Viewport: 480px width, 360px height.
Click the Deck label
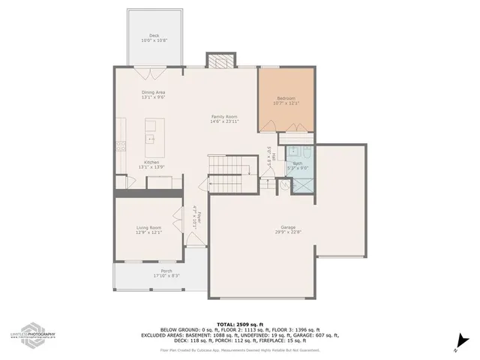(154, 35)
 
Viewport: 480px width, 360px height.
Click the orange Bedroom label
(286, 98)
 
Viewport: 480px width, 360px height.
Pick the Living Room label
(148, 227)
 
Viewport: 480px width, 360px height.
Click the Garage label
(286, 227)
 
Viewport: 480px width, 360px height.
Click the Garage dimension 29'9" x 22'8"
(286, 232)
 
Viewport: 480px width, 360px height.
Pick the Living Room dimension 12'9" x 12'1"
(148, 232)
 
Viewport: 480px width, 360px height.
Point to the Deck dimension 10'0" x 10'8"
(154, 40)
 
